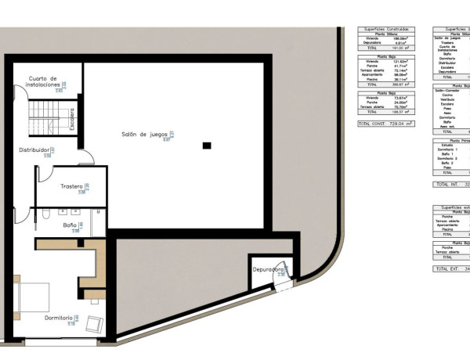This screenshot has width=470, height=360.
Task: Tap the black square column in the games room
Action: [x=206, y=145]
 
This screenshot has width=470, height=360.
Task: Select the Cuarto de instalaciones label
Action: [x=43, y=81]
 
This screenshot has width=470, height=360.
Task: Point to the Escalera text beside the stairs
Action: [x=71, y=117]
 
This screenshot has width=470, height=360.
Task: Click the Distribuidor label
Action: [x=35, y=149]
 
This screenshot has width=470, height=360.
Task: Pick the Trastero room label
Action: [x=73, y=186]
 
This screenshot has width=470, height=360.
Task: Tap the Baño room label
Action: [x=70, y=225]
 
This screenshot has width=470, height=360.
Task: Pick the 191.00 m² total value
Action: [x=401, y=48]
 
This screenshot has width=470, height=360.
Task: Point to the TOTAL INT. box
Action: [x=450, y=185]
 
